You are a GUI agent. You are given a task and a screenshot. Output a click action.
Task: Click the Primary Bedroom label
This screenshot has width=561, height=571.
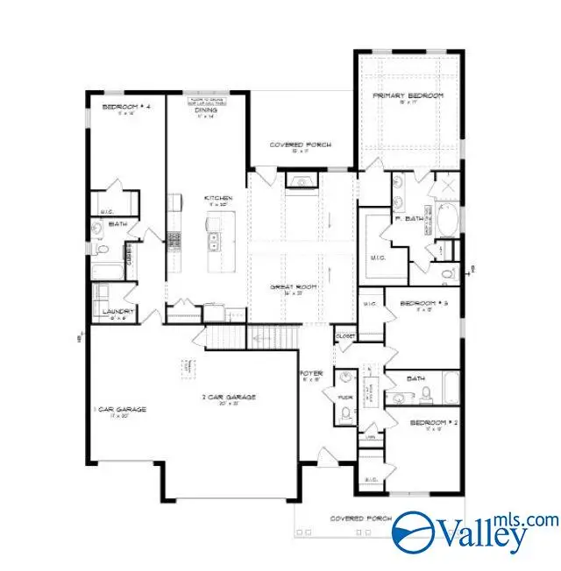(x=408, y=95)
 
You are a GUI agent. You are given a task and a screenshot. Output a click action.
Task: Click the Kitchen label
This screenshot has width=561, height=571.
(x=217, y=199)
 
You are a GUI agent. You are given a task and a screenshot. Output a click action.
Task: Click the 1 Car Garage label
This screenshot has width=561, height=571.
(x=120, y=410)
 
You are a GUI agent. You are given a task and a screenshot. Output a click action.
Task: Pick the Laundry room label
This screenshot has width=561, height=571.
(x=117, y=312)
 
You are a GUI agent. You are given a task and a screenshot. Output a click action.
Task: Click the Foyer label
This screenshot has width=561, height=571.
(x=313, y=374)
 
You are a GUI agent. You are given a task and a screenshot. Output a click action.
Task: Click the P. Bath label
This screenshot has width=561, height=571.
(x=408, y=219)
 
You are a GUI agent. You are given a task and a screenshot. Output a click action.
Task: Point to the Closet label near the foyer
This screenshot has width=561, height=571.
(x=344, y=336)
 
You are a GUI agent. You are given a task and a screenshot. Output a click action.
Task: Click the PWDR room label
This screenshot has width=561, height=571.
(x=344, y=396)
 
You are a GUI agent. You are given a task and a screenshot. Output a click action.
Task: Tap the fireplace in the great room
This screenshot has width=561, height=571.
(x=303, y=182)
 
